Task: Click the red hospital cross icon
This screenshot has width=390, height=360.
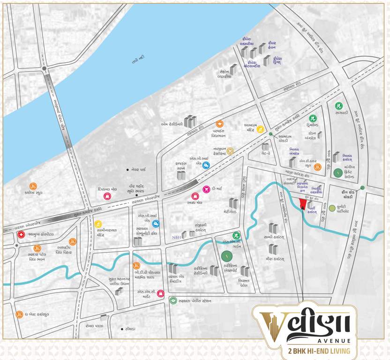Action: coord(21,234)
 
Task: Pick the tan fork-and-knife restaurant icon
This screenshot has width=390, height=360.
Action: coord(230,150)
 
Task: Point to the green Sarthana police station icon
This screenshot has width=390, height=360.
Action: coord(173,301)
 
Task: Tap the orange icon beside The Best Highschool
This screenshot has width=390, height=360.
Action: coord(19,315)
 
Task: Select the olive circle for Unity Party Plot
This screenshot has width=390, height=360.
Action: coord(332,208)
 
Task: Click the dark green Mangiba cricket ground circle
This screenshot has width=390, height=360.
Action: coord(336,172)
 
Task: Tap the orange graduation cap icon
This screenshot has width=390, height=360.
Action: coord(219,124)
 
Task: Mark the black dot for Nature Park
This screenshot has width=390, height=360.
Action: coord(127,169)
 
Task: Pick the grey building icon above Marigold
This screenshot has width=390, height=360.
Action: coord(233,203)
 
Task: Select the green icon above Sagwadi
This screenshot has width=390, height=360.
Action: coord(338,105)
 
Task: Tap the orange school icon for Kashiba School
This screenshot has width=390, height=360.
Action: coord(33,186)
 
